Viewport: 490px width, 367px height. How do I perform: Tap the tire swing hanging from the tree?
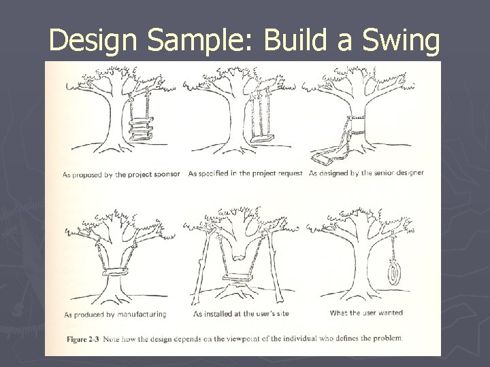click(393, 273)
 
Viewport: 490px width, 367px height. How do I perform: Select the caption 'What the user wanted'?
click(365, 313)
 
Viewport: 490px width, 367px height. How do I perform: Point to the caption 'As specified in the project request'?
click(245, 173)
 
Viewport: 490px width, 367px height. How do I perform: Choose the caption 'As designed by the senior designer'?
click(366, 173)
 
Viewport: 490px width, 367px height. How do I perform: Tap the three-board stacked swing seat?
click(141, 128)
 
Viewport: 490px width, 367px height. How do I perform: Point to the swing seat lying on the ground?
click(328, 158)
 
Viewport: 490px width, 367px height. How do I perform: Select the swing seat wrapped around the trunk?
click(119, 273)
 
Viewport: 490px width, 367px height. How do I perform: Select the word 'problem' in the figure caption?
click(386, 338)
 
